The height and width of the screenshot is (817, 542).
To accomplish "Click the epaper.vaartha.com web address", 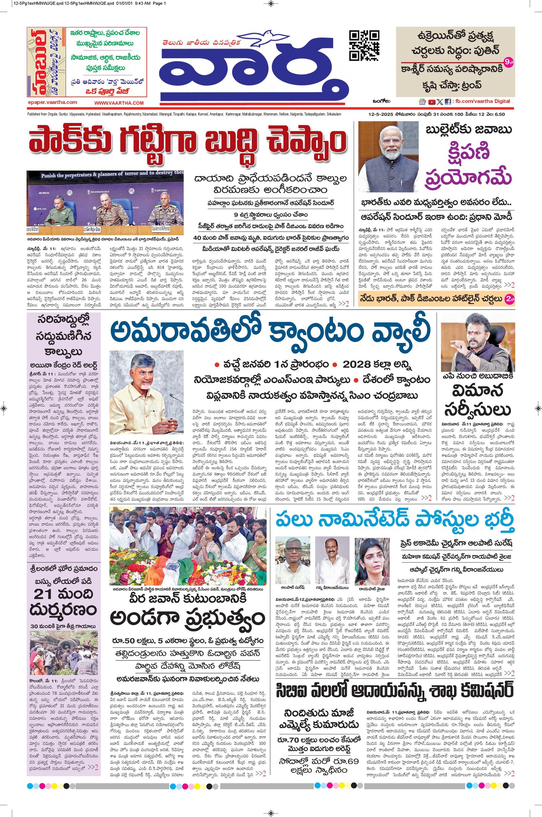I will pyautogui.click(x=53, y=102).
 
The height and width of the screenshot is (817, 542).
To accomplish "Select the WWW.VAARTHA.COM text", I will pyautogui.click(x=119, y=103).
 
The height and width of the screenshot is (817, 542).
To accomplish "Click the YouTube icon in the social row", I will pyautogui.click(x=432, y=102).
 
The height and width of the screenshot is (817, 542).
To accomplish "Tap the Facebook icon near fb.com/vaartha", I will pyautogui.click(x=447, y=102).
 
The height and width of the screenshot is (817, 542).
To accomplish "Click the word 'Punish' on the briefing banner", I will pyautogui.click(x=49, y=175).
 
